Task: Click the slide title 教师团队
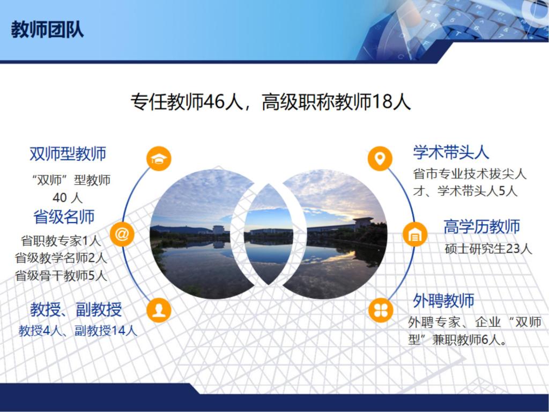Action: (47, 30)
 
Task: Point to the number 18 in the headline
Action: (381, 102)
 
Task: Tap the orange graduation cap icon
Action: (159, 159)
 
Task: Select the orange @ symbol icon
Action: (122, 234)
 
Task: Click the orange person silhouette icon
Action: (159, 310)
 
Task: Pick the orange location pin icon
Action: (380, 159)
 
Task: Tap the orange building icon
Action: (415, 234)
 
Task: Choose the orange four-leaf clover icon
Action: (380, 310)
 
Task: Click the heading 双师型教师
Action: (68, 154)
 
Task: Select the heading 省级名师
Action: (64, 217)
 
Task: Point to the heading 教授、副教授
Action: (76, 310)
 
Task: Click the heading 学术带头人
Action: (451, 152)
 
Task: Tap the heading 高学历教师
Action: (481, 227)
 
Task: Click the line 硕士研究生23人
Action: (488, 249)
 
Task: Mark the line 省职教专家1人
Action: (61, 240)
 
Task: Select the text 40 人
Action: (68, 197)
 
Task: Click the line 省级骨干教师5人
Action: (61, 276)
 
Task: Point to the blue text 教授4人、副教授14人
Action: (78, 330)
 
